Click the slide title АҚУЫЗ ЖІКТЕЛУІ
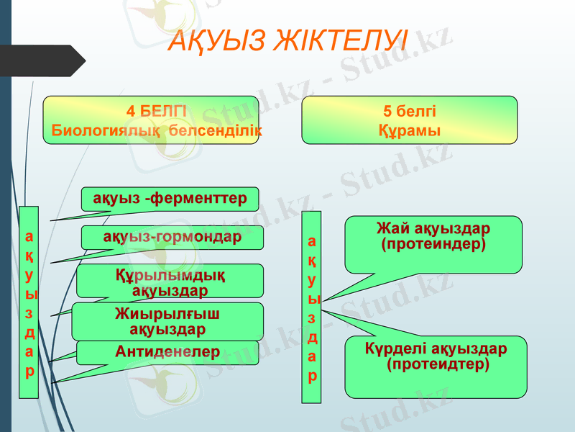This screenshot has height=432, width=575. pos(287,40)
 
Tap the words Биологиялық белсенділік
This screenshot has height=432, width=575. pos(157,131)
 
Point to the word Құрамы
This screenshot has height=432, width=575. pos(410,131)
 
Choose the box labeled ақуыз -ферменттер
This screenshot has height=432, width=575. pos(170,198)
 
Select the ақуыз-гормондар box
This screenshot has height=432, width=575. pos(172,237)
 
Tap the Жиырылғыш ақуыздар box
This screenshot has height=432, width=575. pos(167,321)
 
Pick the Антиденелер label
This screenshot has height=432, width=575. pos(167,351)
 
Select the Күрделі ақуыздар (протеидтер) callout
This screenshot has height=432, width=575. pos(436,366)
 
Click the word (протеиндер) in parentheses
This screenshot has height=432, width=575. pos(433,245)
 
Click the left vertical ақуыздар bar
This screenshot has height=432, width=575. pos(29,302)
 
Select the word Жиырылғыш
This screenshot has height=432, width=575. pos(167,313)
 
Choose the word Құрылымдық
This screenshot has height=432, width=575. pos(170,274)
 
